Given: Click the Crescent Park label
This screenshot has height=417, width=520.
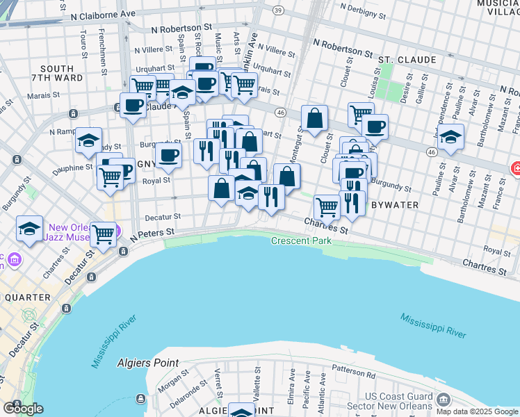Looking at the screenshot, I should [301, 240].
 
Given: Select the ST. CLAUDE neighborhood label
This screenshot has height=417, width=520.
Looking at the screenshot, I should [407, 60].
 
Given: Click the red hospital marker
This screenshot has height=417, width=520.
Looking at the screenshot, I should [515, 168].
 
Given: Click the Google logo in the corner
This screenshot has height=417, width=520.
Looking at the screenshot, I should [23, 408].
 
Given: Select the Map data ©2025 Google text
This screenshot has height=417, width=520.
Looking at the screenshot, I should [476, 411].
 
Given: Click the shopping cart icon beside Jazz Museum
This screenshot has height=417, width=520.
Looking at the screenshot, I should [103, 234].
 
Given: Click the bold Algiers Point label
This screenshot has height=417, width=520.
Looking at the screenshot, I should [148, 363].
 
